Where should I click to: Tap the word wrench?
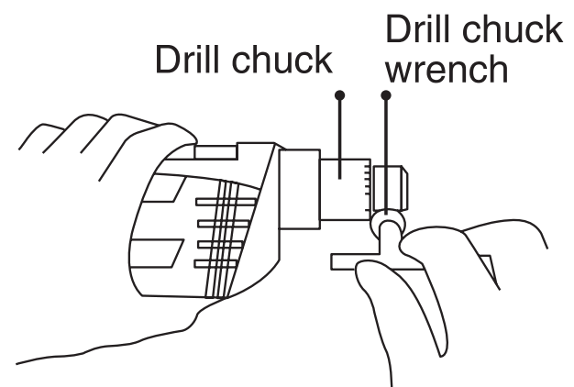pyautogui.click(x=446, y=69)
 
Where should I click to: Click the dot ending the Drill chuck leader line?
pyautogui.click(x=340, y=94)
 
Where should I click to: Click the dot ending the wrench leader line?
pyautogui.click(x=386, y=94)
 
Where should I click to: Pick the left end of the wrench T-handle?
pyautogui.click(x=337, y=263)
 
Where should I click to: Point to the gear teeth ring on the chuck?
pyautogui.click(x=367, y=190)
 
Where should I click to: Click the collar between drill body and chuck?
pyautogui.click(x=299, y=193)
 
